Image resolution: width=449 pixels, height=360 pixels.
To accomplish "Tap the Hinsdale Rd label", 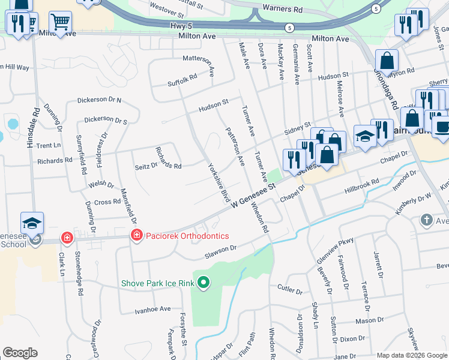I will pyautogui.click(x=37, y=128).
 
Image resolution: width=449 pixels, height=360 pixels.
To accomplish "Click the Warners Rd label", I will pyautogui.click(x=282, y=10).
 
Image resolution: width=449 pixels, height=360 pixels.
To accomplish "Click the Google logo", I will pyautogui.click(x=20, y=352).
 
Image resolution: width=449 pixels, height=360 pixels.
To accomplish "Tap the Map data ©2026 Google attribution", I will pyautogui.click(x=412, y=355).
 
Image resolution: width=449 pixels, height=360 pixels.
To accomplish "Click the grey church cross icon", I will pyautogui.click(x=426, y=220).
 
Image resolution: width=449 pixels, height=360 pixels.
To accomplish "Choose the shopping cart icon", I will pyautogui.click(x=60, y=22).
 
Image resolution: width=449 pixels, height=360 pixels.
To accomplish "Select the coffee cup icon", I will pyautogui.click(x=442, y=128).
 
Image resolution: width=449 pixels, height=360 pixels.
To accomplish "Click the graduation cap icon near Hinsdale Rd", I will pyautogui.click(x=32, y=223).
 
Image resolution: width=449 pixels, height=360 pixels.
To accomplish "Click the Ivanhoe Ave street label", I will pyautogui.click(x=153, y=309).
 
